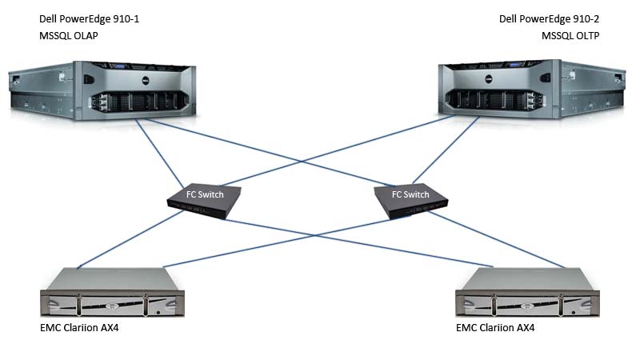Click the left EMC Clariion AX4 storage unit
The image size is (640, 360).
click(x=112, y=295)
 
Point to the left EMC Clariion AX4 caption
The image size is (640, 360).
click(x=86, y=328)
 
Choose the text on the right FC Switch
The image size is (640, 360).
click(x=410, y=194)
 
